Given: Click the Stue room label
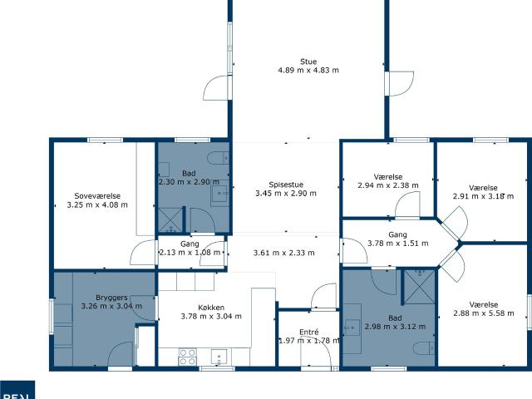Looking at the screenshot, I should [308, 61].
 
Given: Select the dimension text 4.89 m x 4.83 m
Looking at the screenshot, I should [308, 71].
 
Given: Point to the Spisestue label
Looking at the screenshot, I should [285, 185].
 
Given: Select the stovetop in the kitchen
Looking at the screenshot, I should [188, 356].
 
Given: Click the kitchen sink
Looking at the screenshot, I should [219, 357].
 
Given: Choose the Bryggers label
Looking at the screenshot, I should [111, 297].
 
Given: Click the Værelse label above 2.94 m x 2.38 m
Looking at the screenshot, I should [388, 176].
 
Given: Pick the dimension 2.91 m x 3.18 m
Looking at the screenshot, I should [483, 197].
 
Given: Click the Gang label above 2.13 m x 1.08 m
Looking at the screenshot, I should [190, 243].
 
